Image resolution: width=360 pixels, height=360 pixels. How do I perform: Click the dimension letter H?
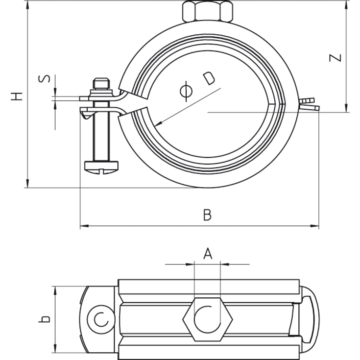17,96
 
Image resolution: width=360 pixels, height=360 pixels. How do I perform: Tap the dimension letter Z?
335,58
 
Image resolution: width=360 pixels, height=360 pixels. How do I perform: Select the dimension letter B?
207,215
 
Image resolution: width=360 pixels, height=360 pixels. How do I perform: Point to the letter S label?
44,78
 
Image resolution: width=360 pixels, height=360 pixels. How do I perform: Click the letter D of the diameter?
209,78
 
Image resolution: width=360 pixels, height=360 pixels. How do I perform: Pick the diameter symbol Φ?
186,91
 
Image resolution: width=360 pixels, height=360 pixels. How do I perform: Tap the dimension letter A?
208,253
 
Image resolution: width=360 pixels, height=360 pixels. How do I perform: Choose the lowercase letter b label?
44,319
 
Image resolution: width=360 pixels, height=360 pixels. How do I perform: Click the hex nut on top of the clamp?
207,11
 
